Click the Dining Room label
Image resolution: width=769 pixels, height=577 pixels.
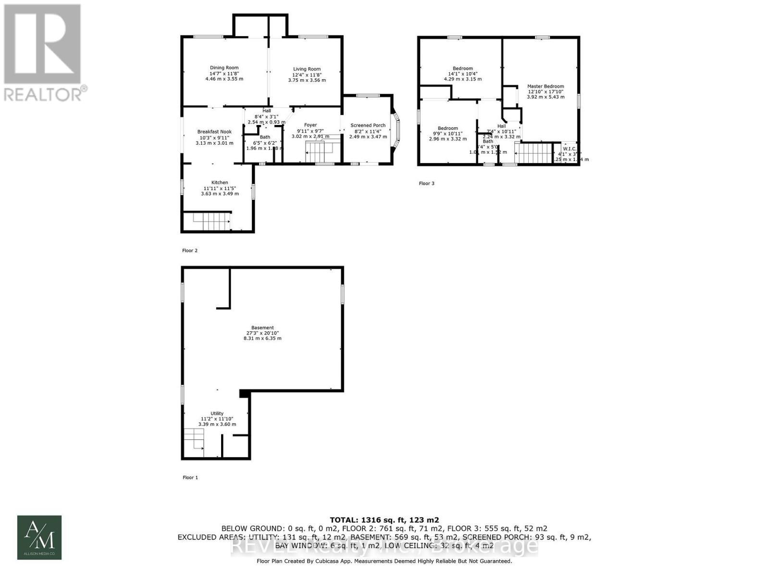[224, 68]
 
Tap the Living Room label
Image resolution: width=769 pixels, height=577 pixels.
[307, 69]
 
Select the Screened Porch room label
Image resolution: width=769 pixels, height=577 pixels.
[368, 125]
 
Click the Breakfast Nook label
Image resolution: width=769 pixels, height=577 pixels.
[214, 131]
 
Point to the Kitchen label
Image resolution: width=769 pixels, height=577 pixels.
[220, 182]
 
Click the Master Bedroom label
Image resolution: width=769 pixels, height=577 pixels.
[546, 86]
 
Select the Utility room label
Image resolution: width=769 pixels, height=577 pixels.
[217, 413]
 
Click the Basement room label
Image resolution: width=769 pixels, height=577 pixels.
[262, 327]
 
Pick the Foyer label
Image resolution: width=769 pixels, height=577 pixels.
[310, 125]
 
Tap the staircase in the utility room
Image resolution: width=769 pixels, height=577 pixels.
[194, 442]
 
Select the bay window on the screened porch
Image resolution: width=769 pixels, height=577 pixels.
[396, 130]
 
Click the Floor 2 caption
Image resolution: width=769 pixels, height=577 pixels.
[189, 251]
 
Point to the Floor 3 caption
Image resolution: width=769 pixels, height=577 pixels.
[426, 183]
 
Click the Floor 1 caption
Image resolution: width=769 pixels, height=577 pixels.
[190, 477]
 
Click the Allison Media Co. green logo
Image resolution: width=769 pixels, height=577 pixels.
[39, 537]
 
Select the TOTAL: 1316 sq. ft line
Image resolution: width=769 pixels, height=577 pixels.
[384, 520]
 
